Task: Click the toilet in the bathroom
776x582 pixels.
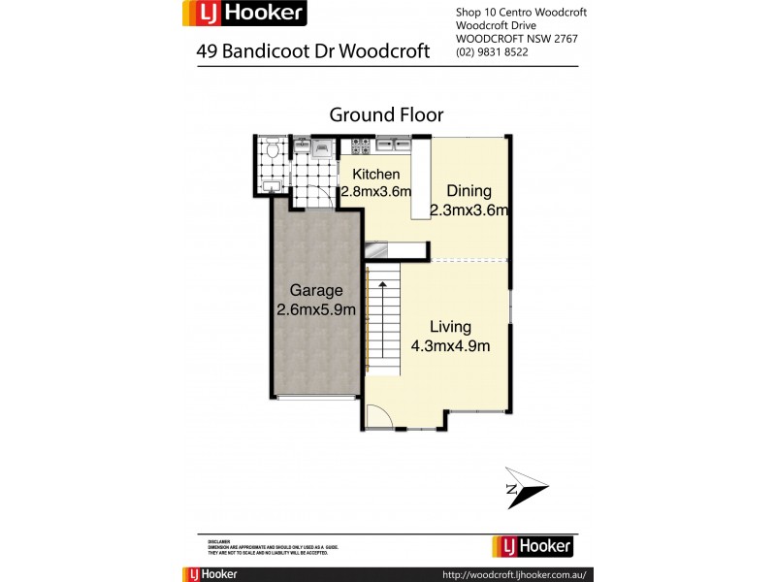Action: click(274, 150)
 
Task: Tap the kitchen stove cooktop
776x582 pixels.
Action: click(360, 146)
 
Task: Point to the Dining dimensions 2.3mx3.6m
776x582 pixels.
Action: click(469, 210)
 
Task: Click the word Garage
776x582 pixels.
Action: click(316, 291)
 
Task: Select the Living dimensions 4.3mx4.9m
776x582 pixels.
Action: click(452, 345)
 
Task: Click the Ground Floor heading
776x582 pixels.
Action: click(386, 114)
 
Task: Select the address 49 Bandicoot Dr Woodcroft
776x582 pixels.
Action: click(313, 51)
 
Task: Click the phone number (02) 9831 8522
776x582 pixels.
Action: click(492, 52)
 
